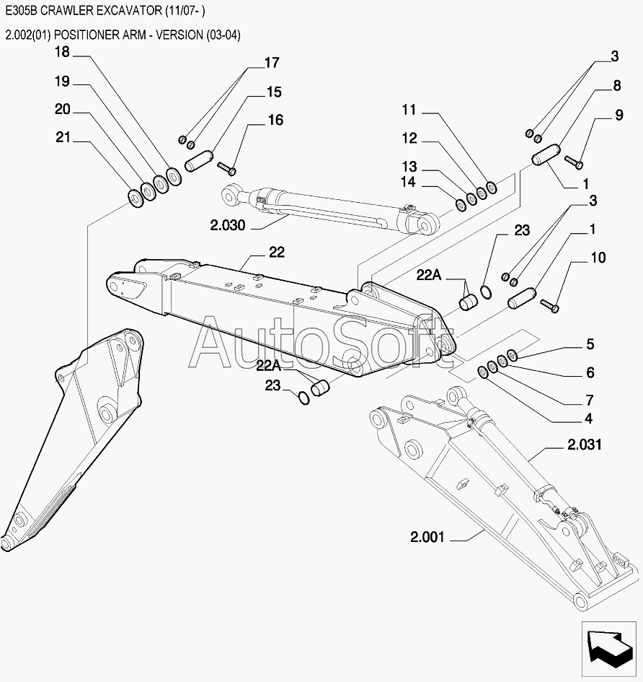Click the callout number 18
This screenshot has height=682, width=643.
62,52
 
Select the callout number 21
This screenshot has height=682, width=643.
63,137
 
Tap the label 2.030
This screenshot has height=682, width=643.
228,225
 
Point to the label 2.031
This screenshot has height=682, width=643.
585,445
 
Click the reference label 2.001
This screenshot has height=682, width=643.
427,537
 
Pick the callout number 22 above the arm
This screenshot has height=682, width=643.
277,252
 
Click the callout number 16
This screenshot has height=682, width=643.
276,120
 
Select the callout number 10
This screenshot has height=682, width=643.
598,258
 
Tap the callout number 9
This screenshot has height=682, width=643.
619,115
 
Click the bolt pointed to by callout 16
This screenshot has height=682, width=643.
227,168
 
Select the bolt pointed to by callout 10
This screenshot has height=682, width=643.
549,305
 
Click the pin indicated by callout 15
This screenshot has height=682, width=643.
199,161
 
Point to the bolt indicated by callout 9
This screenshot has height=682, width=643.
574,162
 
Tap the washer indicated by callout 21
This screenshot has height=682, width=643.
135,198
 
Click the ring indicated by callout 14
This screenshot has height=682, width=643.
461,204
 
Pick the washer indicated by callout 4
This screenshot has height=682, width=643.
483,372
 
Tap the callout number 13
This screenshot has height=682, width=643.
409,167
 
